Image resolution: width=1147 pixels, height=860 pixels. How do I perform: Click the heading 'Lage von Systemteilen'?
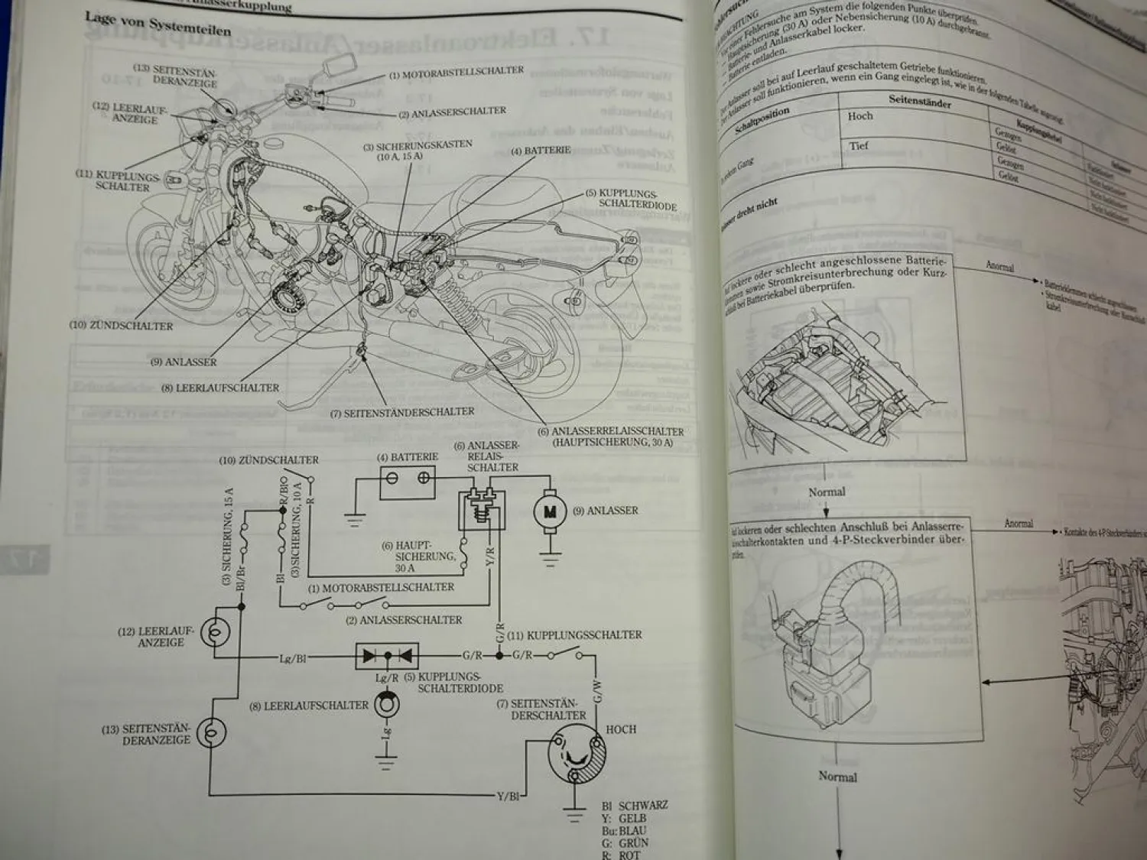tap(158, 26)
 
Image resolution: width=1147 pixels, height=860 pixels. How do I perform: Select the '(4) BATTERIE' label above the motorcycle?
tap(540, 151)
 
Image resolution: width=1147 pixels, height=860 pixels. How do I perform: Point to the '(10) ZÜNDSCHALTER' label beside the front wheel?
tap(121, 326)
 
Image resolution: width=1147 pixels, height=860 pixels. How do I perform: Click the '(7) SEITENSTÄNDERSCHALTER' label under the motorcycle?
tap(402, 413)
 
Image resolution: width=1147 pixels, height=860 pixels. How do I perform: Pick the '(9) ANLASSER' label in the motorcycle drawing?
tap(184, 362)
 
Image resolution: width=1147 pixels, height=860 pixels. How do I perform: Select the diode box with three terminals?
tap(387, 655)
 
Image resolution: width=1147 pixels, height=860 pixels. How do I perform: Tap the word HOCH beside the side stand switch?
tap(620, 729)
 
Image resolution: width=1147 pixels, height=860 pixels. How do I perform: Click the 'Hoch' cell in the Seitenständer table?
tap(860, 116)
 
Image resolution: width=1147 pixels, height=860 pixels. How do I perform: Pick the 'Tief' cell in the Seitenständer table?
tap(859, 146)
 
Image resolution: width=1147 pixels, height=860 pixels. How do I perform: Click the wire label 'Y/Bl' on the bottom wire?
tap(508, 796)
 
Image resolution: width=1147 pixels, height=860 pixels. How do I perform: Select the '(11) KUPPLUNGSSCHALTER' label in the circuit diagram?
tap(584, 635)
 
